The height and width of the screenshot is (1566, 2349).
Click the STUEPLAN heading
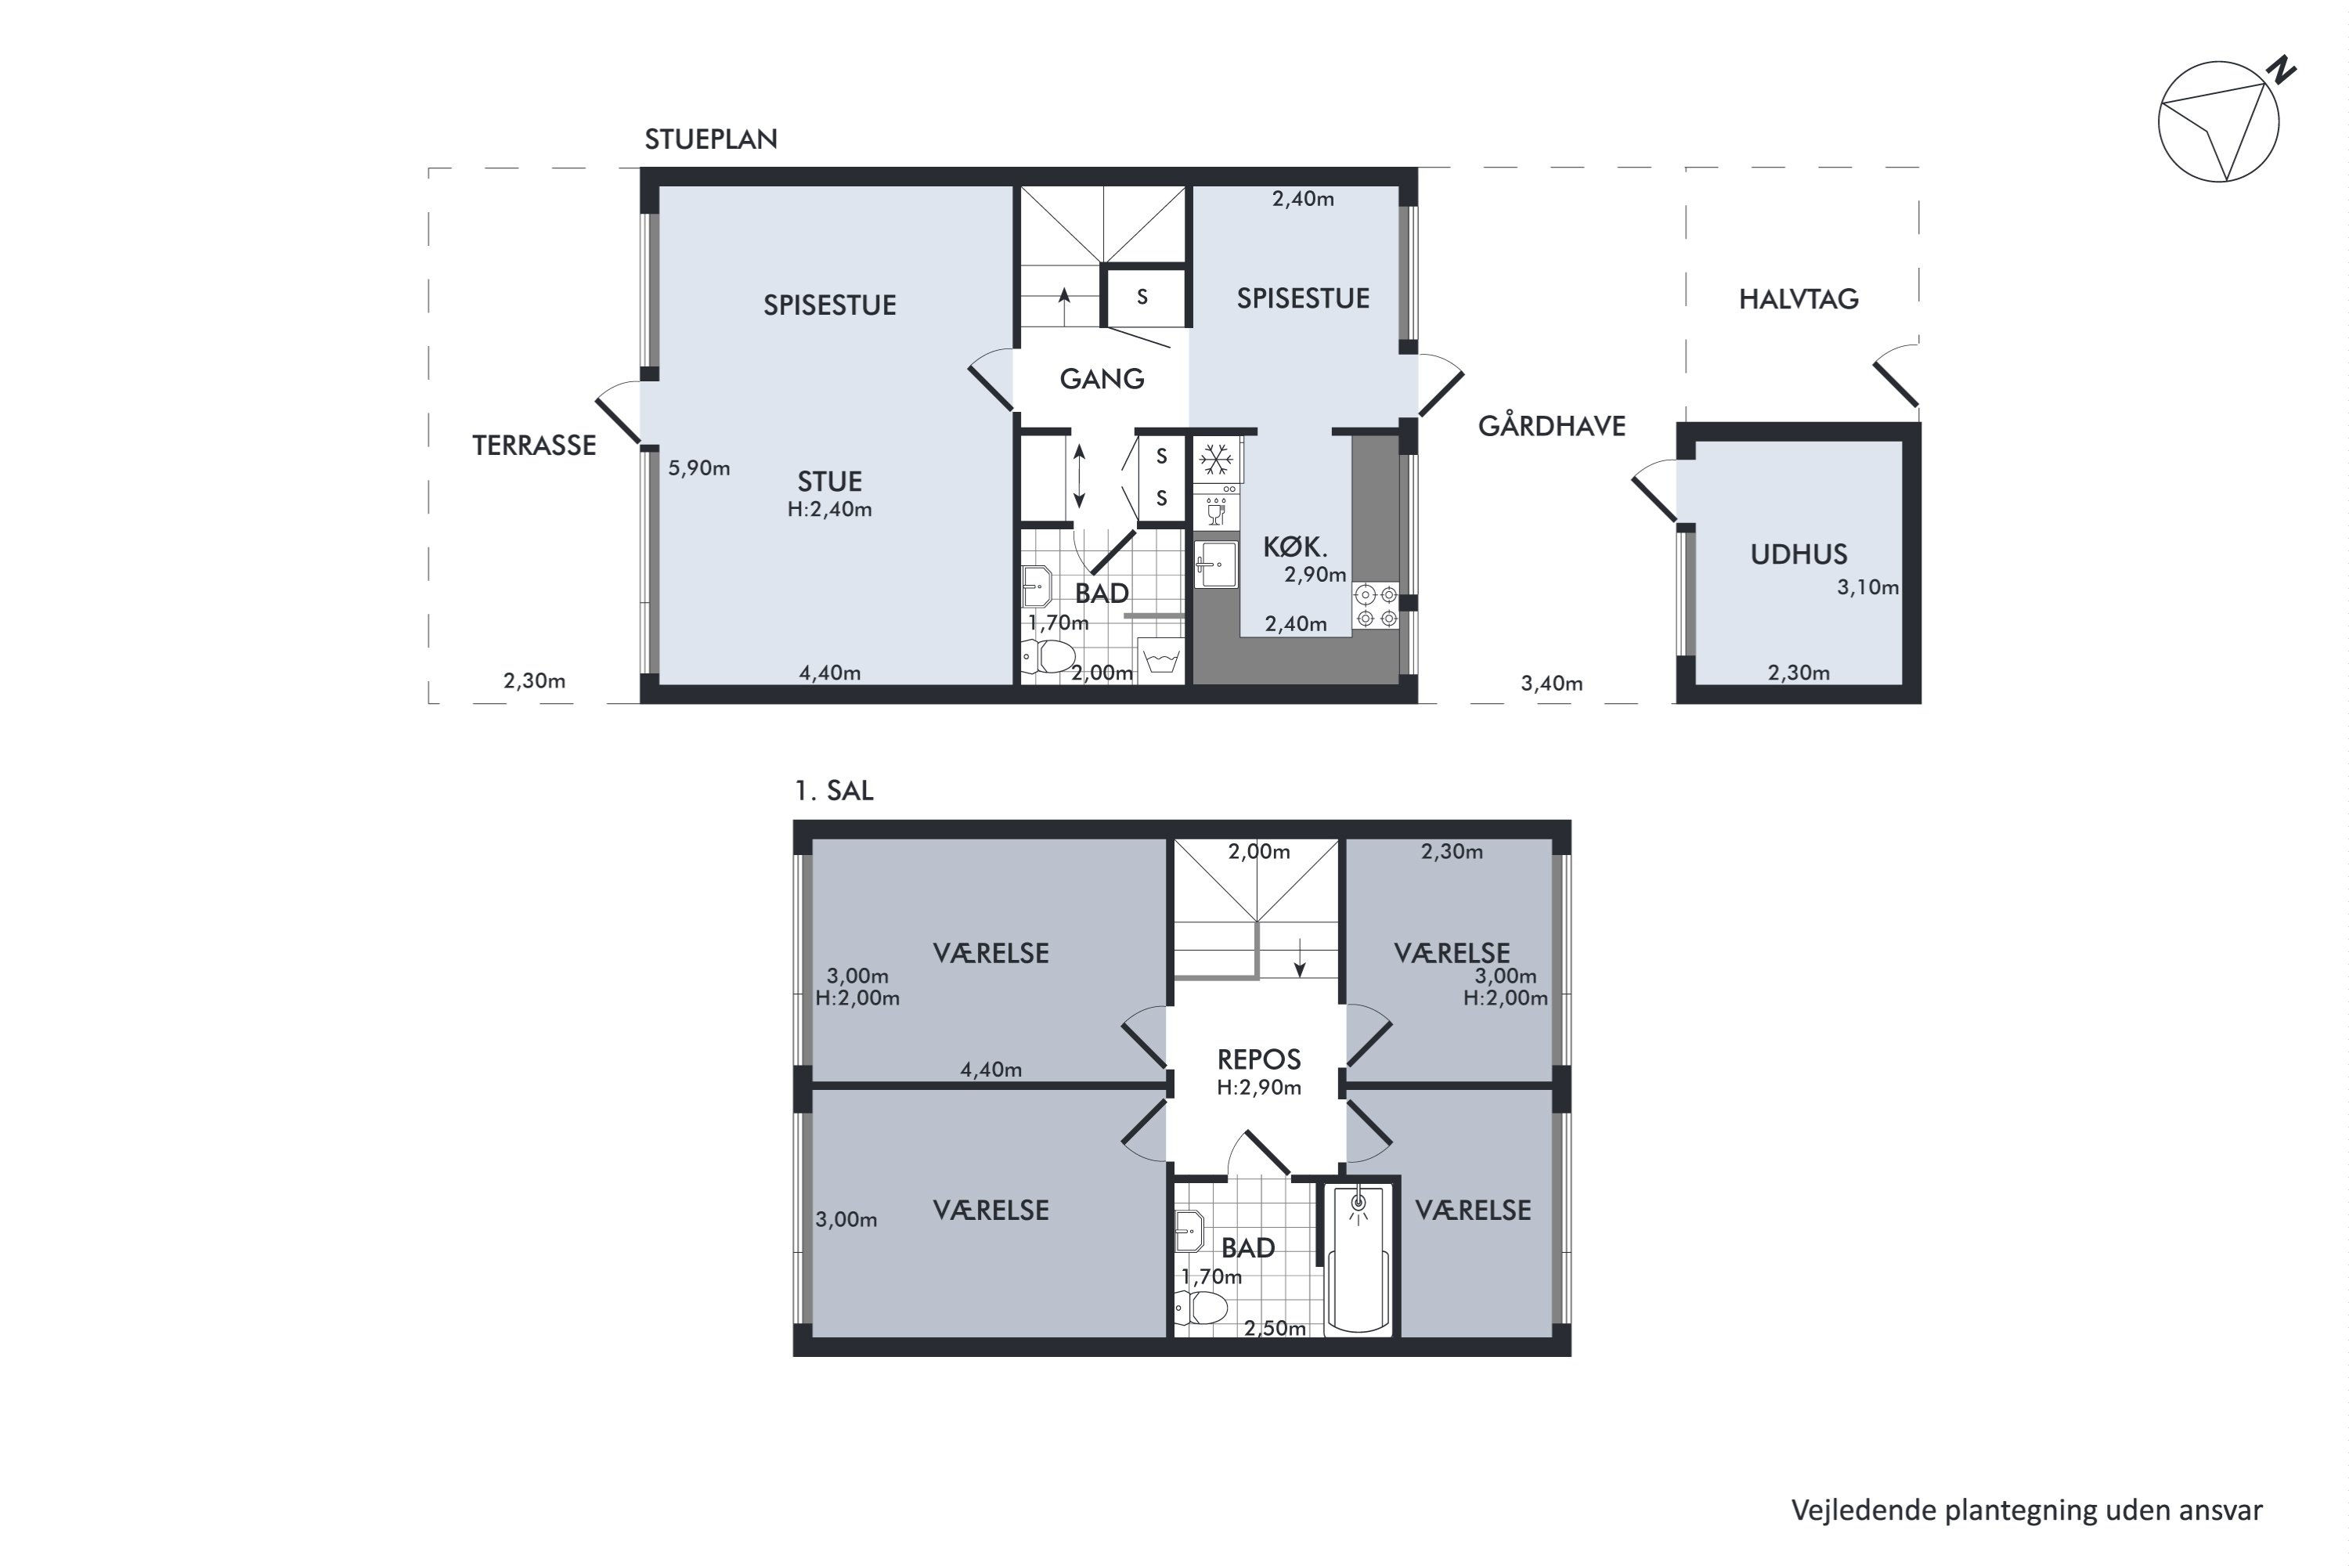pos(710,139)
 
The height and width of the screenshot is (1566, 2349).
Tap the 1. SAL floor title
pos(833,790)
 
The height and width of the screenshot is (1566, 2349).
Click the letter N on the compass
pos(2281,71)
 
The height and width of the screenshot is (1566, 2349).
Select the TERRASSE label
pos(533,446)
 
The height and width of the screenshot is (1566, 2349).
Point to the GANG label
pos(1102,378)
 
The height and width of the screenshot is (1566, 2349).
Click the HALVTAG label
pos(1798,298)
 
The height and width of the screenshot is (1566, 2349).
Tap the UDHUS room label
pos(1799,554)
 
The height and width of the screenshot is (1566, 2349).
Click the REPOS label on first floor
pos(1258,1059)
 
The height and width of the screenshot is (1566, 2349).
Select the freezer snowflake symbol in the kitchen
pos(1215,460)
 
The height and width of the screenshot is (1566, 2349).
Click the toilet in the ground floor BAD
pos(1048,657)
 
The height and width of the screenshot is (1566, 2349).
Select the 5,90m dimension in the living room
pos(699,467)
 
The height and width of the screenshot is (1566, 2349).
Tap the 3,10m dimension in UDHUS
pos(1867,587)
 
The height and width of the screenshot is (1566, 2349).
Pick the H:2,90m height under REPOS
pos(1258,1087)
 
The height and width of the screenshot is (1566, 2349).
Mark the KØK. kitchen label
pos(1295,547)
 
